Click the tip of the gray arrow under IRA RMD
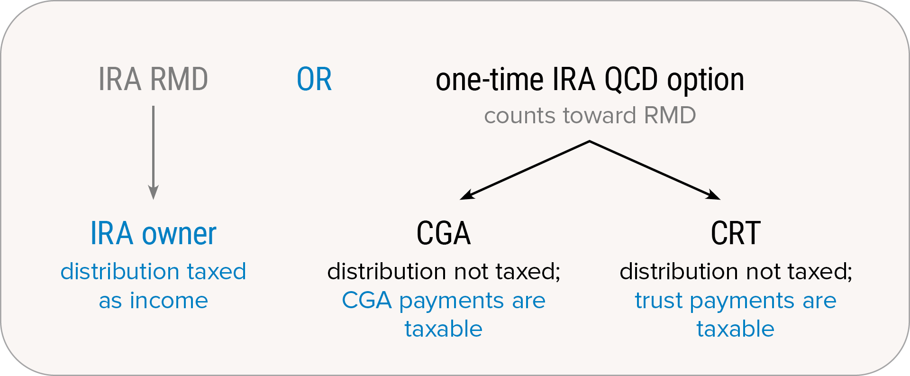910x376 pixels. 153,200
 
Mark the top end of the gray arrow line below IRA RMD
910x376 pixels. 153,106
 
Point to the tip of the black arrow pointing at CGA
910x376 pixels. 460,199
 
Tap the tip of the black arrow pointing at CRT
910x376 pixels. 720,199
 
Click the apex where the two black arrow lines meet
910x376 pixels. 590,141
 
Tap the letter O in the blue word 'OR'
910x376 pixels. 306,79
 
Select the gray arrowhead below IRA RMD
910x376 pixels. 153,192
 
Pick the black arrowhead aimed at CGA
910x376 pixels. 467,195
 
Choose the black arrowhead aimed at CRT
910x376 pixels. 713,195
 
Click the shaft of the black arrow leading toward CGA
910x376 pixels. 525,170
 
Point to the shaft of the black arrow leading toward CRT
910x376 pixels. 655,170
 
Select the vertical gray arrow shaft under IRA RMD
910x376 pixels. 153,146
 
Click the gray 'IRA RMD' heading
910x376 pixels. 153,79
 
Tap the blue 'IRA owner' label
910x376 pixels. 153,233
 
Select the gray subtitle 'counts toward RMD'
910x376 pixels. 590,115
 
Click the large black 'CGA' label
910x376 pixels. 444,233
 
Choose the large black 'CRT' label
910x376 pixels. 736,233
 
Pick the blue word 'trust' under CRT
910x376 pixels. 659,301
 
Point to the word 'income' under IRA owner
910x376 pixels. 169,301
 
